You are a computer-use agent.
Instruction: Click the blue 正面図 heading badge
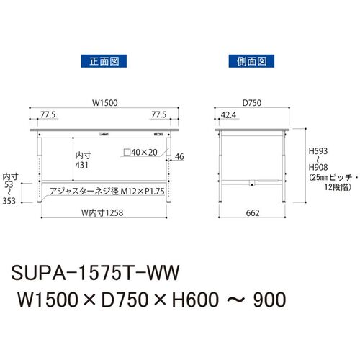(x=104, y=61)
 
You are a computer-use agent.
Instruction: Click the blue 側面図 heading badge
(x=251, y=61)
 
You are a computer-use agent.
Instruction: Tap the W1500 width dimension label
(x=105, y=103)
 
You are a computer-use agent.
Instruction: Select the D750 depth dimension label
(x=252, y=103)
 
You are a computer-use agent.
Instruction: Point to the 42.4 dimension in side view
(x=228, y=115)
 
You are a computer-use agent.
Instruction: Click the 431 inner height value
(x=81, y=165)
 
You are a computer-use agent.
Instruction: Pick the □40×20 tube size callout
(x=140, y=152)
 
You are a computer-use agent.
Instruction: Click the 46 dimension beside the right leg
(x=179, y=157)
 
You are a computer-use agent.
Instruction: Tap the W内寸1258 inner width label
(x=102, y=212)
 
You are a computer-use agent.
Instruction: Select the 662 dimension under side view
(x=253, y=213)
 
